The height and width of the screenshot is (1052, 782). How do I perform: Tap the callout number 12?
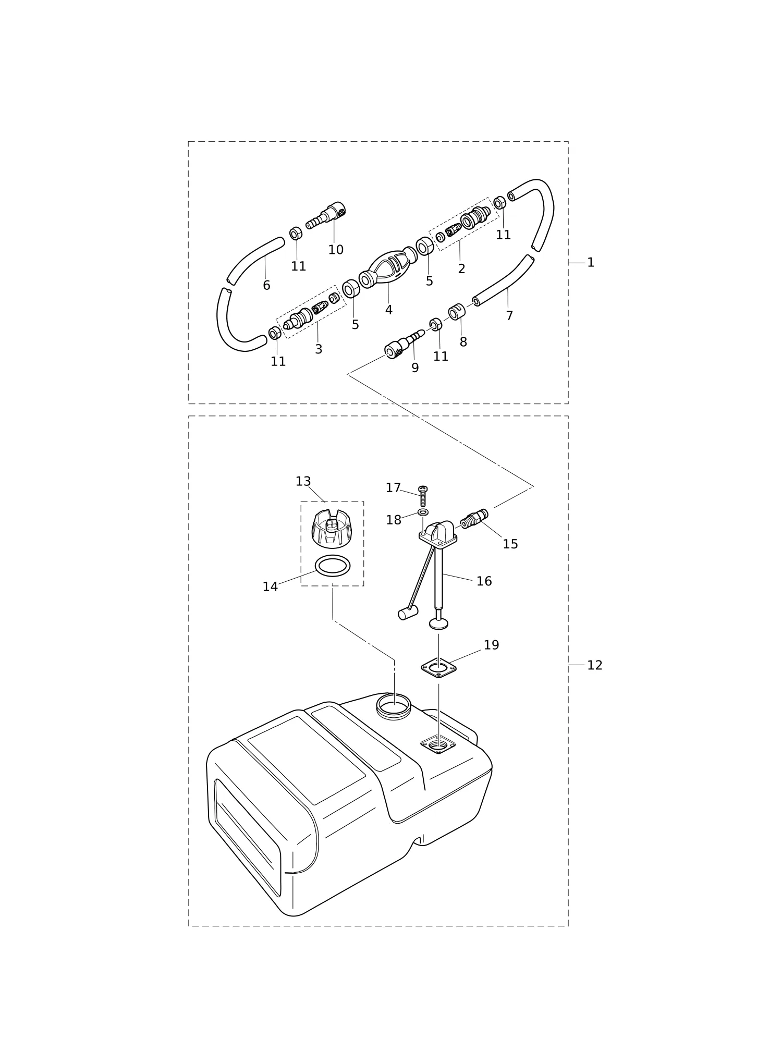(595, 665)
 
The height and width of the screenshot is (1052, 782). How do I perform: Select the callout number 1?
(591, 263)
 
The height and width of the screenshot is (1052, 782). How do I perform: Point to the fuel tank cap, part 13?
(332, 529)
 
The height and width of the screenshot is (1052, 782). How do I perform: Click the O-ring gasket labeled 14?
(333, 566)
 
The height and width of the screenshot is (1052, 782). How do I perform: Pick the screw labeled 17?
(423, 496)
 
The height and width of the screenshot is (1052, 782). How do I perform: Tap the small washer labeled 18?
(423, 512)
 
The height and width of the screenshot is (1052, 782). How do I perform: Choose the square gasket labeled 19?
(439, 668)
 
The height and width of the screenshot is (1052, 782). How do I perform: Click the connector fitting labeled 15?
(474, 519)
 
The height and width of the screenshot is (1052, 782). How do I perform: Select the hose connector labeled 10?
(326, 215)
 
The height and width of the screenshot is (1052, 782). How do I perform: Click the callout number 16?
(484, 581)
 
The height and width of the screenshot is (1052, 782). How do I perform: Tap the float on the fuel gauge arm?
(408, 613)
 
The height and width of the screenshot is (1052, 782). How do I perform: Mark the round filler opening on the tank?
(394, 707)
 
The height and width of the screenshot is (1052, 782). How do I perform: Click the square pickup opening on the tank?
(438, 745)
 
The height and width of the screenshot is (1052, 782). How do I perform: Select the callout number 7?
(509, 316)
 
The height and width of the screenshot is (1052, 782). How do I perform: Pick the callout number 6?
(266, 286)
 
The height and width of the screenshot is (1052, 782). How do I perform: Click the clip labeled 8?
(457, 312)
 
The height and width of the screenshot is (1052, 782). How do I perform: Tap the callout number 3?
(319, 350)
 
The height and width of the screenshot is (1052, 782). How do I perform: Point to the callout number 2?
(461, 269)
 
